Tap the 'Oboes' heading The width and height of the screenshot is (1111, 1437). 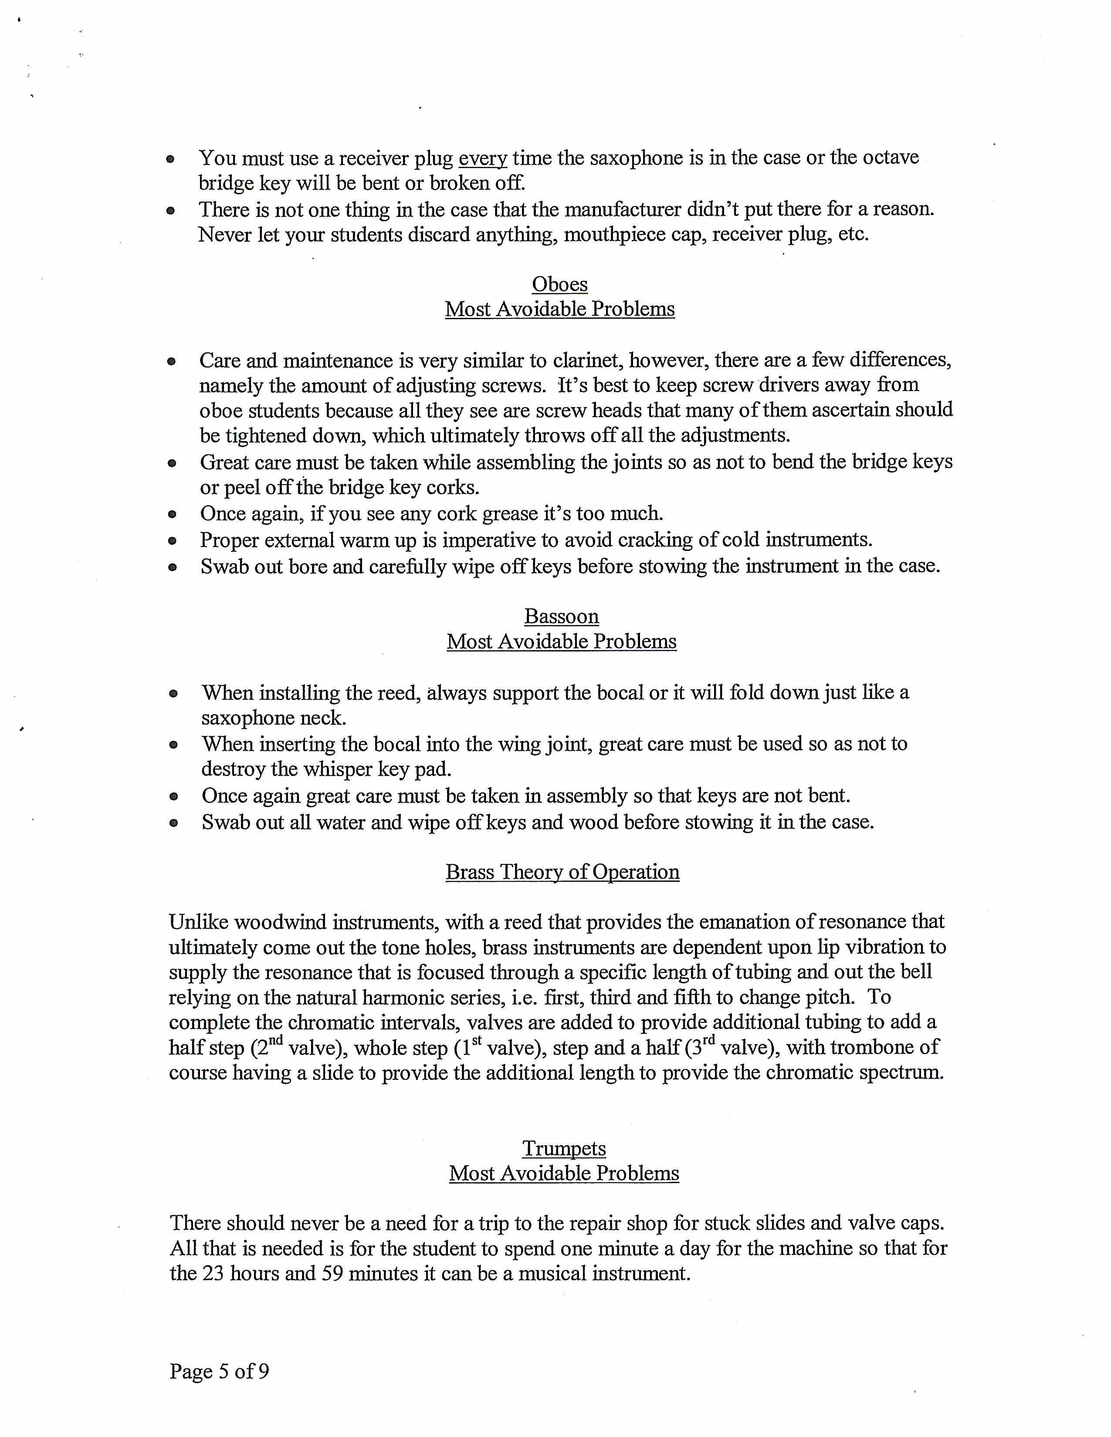[x=559, y=284]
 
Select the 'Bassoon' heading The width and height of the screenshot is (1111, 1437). [x=562, y=617]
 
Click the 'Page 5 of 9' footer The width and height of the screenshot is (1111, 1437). [x=219, y=1371]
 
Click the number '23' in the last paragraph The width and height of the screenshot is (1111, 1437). [x=213, y=1273]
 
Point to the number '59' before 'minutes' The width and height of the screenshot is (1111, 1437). [x=333, y=1273]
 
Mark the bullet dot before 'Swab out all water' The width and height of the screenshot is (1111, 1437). [x=174, y=823]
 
